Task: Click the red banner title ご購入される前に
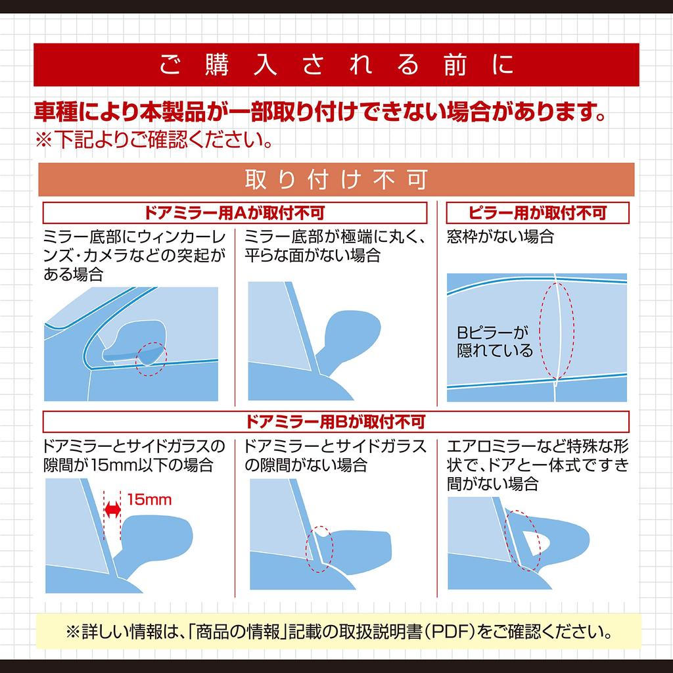click(x=336, y=66)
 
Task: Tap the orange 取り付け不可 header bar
click(x=336, y=179)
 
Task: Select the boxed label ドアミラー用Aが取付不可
click(x=235, y=213)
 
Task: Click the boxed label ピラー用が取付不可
click(x=538, y=213)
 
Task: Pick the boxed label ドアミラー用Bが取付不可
click(x=336, y=421)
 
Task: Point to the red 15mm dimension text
click(x=149, y=499)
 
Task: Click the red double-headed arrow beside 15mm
click(x=113, y=509)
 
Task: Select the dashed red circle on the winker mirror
click(x=152, y=358)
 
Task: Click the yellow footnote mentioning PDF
click(x=336, y=633)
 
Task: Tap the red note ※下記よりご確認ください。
click(x=154, y=140)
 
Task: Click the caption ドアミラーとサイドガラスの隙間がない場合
click(x=335, y=455)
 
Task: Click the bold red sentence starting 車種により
click(x=319, y=112)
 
